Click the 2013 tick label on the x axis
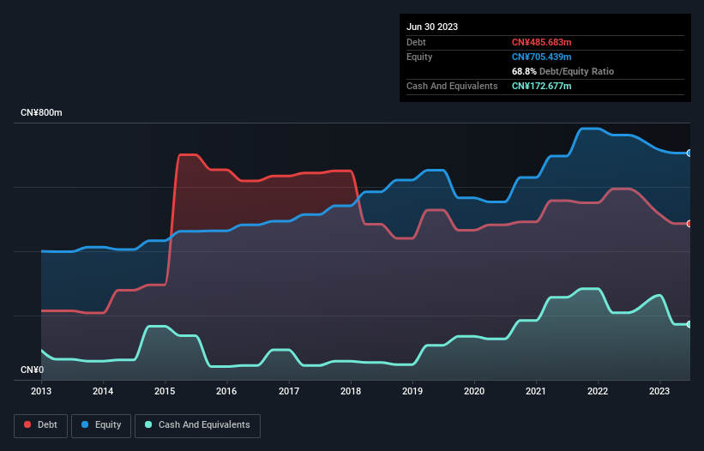(x=41, y=391)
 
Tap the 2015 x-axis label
(x=165, y=391)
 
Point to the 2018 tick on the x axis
(x=351, y=391)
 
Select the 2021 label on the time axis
(x=536, y=391)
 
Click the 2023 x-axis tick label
(x=660, y=391)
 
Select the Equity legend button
(x=101, y=424)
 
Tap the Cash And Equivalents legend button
(x=196, y=424)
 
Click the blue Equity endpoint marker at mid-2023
(x=689, y=153)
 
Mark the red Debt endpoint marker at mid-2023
(x=689, y=224)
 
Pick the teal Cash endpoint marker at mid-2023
(x=689, y=324)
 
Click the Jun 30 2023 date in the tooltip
(x=432, y=27)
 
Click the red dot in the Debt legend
(x=28, y=424)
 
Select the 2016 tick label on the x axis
(x=226, y=391)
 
